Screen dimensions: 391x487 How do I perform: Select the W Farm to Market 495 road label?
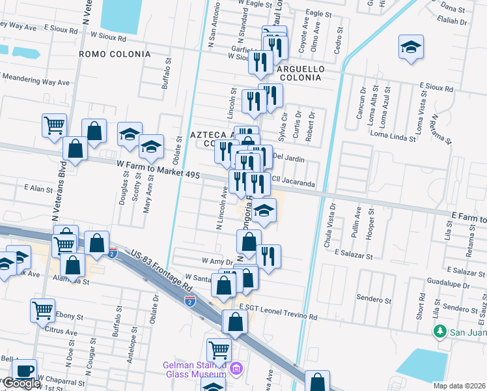[x=158, y=171]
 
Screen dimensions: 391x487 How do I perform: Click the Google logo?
[x=21, y=383]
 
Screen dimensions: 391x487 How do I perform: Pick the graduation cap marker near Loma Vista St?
[x=411, y=48]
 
